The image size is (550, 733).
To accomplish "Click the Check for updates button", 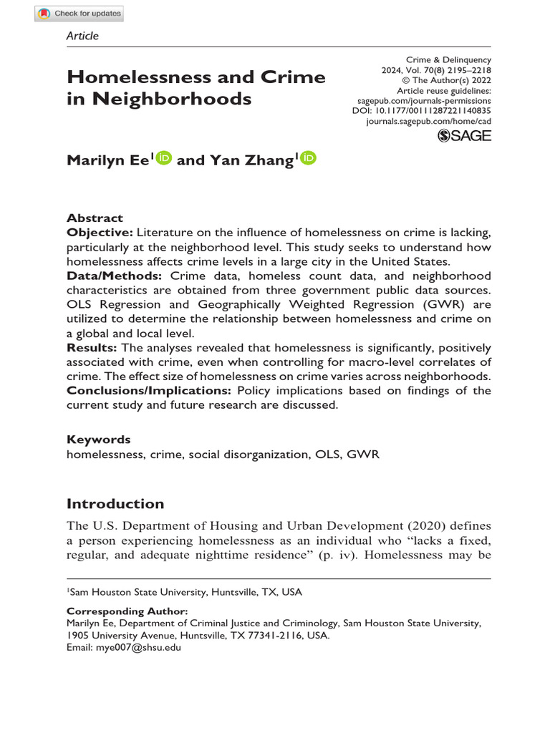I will (x=79, y=14).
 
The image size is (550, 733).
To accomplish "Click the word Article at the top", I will (x=82, y=36).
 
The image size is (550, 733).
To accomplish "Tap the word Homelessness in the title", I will (x=138, y=77).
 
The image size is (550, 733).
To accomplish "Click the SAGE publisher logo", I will (x=464, y=136).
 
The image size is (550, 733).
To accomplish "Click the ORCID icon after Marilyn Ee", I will (x=163, y=159).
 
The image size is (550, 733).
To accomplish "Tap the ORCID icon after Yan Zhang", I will (x=309, y=159).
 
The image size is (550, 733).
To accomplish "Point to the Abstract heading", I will (x=95, y=218).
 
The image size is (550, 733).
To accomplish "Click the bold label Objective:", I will (x=100, y=233).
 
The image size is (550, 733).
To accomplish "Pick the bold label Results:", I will (x=92, y=347).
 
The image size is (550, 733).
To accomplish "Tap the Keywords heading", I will (x=98, y=440).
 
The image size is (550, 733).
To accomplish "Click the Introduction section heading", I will (x=115, y=503).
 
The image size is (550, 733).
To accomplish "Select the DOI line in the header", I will (x=421, y=112).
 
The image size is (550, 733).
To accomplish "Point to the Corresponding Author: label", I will (x=127, y=611).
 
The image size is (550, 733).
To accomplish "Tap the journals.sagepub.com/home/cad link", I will (x=428, y=122).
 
